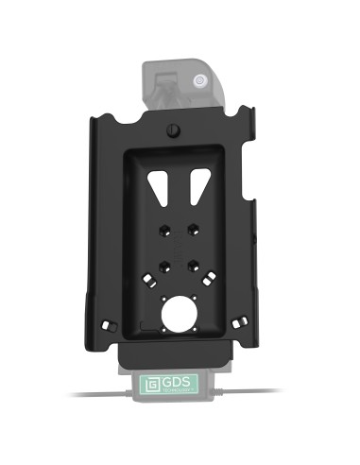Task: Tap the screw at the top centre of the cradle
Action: click(172, 130)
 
